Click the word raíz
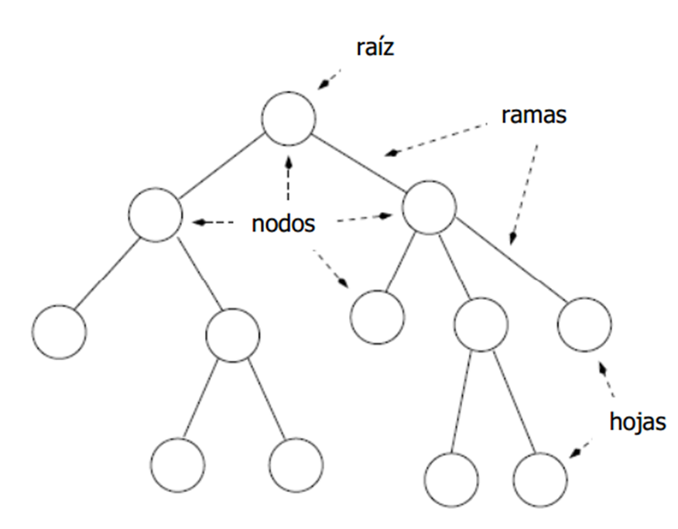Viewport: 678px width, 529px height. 375,49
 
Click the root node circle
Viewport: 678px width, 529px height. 289,119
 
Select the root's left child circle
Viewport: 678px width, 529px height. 156,213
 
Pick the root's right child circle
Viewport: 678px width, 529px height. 430,207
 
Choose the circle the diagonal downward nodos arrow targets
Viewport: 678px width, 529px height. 377,315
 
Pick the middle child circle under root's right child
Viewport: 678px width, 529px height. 481,323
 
